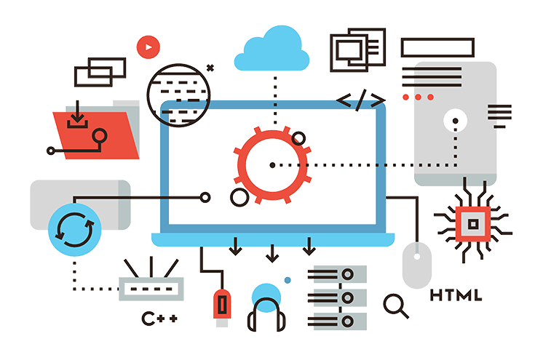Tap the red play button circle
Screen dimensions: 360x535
click(x=147, y=47)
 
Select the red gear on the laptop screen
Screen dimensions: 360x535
click(x=272, y=164)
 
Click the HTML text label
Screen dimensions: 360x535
click(x=456, y=295)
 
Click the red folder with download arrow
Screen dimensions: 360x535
click(x=95, y=131)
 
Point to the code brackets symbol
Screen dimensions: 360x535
click(x=361, y=100)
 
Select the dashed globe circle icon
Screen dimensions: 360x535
click(x=177, y=92)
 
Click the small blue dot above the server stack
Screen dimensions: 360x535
click(x=288, y=279)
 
